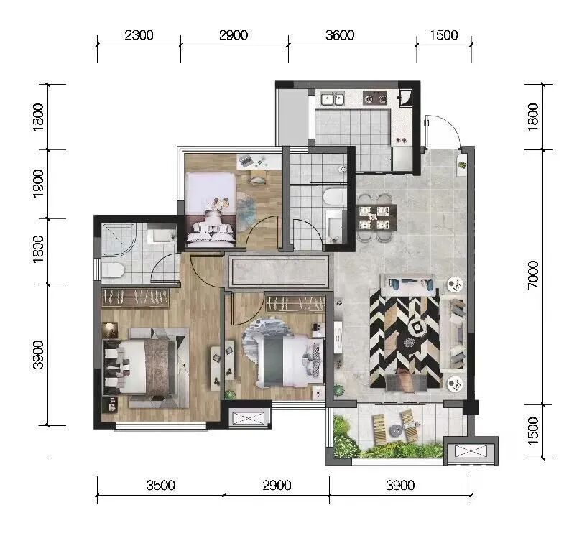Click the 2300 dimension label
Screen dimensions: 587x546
[x=139, y=35]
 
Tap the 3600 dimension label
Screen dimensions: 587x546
[x=340, y=35]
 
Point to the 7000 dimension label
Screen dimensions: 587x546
[x=533, y=274]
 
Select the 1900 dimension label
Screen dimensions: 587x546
[x=38, y=183]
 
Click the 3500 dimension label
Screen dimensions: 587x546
[x=161, y=486]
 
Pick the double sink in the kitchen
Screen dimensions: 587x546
[x=332, y=99]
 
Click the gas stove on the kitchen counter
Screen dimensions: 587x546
[x=375, y=98]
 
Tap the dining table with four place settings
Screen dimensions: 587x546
[x=376, y=218]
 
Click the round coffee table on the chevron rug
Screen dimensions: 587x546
[x=417, y=328]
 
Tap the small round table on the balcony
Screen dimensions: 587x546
[x=396, y=430]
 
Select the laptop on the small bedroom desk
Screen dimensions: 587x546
[x=246, y=161]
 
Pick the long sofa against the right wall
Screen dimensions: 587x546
[x=453, y=333]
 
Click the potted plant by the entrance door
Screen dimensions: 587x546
[x=462, y=164]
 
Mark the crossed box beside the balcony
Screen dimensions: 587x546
[x=471, y=451]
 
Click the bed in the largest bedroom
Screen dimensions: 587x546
[x=140, y=367]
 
